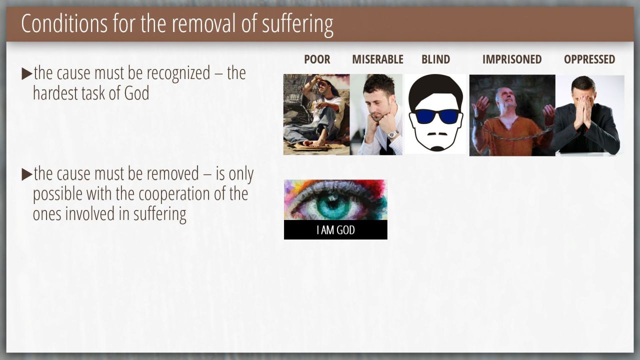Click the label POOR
point(317,59)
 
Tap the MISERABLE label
point(377,59)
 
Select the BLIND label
point(435,59)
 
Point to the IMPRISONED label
point(512,59)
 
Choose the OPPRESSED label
point(589,59)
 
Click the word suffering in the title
point(297,24)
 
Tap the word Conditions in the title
point(64,23)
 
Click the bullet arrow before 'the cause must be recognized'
point(27,74)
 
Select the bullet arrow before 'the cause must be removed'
point(27,174)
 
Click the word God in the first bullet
point(136,93)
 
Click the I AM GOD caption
point(335,230)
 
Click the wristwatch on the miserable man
point(393,134)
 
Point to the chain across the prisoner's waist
point(514,134)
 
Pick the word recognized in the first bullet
point(178,74)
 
